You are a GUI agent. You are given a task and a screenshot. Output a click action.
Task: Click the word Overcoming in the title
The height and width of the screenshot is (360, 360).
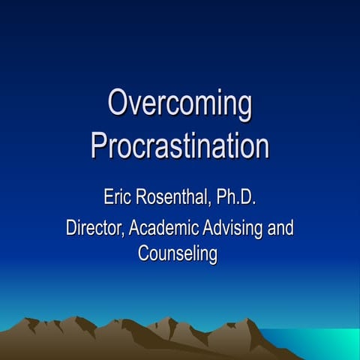coord(179,105)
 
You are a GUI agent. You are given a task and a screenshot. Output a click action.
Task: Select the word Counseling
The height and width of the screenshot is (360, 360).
coord(178,253)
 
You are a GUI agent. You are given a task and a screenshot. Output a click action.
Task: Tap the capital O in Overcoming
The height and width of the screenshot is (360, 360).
coord(118,103)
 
